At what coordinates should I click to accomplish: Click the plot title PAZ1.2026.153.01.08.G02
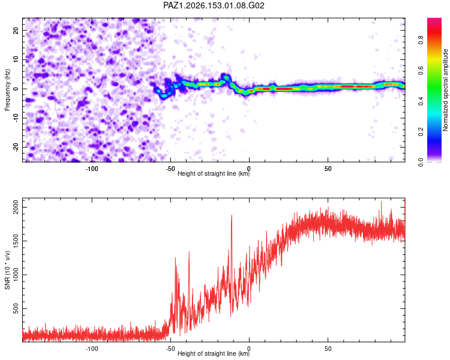tap(214, 5)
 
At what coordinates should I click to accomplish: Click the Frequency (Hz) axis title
tap(7, 90)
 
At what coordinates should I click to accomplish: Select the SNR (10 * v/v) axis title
tap(7, 270)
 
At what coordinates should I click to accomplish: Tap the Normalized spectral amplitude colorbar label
tap(445, 90)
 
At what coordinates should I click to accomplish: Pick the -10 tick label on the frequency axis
tap(16, 118)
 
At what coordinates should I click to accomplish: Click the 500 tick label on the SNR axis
tap(16, 308)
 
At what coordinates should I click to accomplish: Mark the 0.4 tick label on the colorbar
tap(421, 101)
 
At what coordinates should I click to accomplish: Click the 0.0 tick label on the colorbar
tap(421, 163)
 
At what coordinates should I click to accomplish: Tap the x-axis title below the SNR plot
tap(214, 353)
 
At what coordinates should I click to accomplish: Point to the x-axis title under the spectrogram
tap(214, 173)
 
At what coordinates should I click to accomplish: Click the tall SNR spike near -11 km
tap(232, 215)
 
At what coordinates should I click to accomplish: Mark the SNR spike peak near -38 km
tap(189, 252)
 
